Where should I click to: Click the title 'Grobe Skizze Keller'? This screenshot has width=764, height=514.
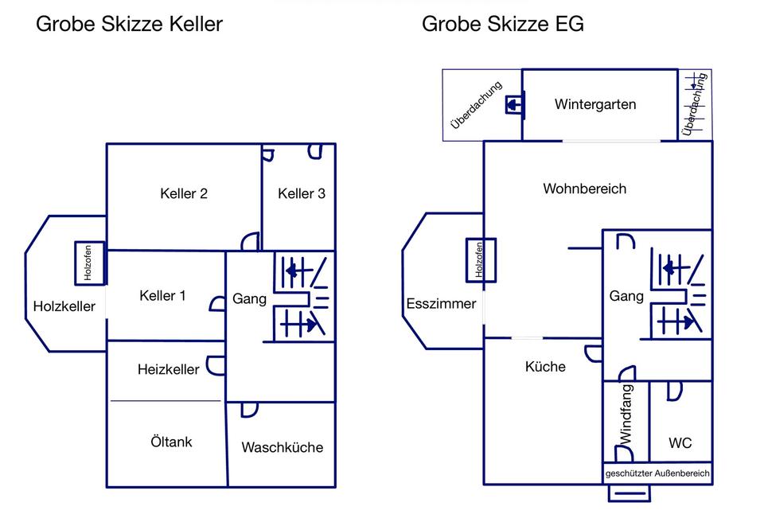pyautogui.click(x=130, y=24)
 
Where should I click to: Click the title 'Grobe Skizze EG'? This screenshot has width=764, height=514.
pyautogui.click(x=503, y=24)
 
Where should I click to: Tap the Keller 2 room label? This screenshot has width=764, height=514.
pyautogui.click(x=184, y=193)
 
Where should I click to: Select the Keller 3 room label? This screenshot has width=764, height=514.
pyautogui.click(x=302, y=193)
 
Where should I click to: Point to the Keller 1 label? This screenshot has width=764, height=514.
pyautogui.click(x=162, y=296)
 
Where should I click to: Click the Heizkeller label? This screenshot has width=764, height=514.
pyautogui.click(x=169, y=369)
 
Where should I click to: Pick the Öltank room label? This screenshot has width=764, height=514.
pyautogui.click(x=171, y=442)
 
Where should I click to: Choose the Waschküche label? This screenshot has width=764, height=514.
pyautogui.click(x=283, y=447)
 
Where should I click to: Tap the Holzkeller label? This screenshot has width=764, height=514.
pyautogui.click(x=64, y=306)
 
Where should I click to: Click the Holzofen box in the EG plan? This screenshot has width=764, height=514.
pyautogui.click(x=480, y=260)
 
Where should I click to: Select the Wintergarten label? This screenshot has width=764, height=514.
pyautogui.click(x=595, y=104)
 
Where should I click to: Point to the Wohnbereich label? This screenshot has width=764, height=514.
pyautogui.click(x=585, y=189)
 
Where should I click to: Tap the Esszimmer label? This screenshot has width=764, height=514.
pyautogui.click(x=441, y=303)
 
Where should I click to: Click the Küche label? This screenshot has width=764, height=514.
pyautogui.click(x=546, y=367)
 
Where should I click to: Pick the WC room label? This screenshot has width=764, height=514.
pyautogui.click(x=680, y=443)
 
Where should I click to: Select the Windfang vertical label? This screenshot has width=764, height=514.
pyautogui.click(x=626, y=414)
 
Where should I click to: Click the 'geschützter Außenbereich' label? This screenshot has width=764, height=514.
pyautogui.click(x=657, y=473)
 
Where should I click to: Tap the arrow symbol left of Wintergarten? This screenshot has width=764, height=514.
pyautogui.click(x=514, y=105)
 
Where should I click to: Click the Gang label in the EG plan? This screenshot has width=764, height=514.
pyautogui.click(x=626, y=296)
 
